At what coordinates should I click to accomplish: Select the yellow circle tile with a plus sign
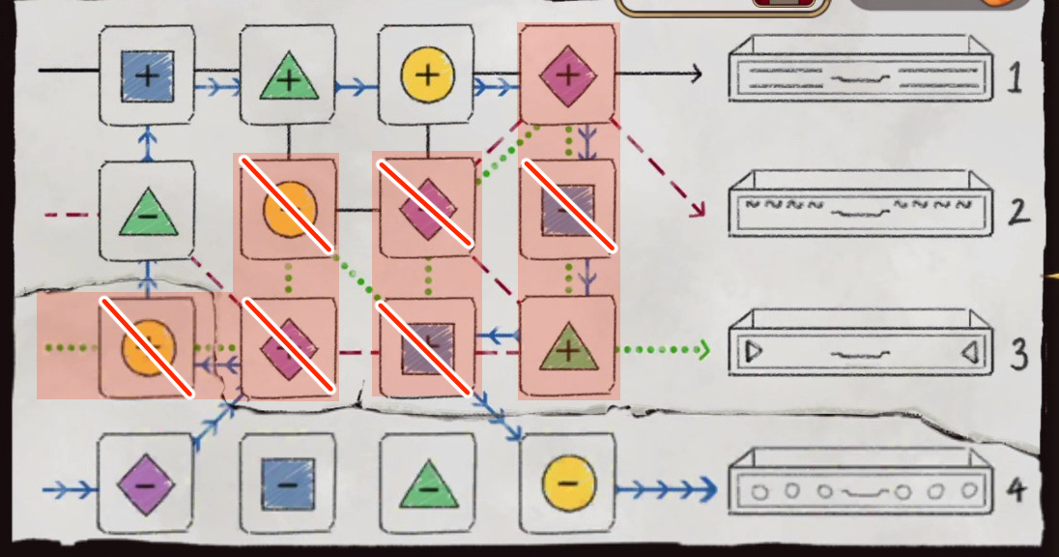point(427,75)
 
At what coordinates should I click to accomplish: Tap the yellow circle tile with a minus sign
point(568,483)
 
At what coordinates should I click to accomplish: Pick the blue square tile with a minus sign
point(288,483)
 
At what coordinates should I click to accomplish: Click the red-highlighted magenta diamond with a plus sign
point(568,75)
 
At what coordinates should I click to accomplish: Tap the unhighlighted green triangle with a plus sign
point(288,76)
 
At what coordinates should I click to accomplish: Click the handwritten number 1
point(1015,78)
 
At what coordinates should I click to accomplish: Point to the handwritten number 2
point(1016,212)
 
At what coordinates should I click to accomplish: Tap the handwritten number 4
point(1016,490)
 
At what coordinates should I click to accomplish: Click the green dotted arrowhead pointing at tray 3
point(704,348)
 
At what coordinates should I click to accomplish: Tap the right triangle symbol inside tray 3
point(969,353)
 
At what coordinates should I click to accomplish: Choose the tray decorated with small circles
point(861,489)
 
